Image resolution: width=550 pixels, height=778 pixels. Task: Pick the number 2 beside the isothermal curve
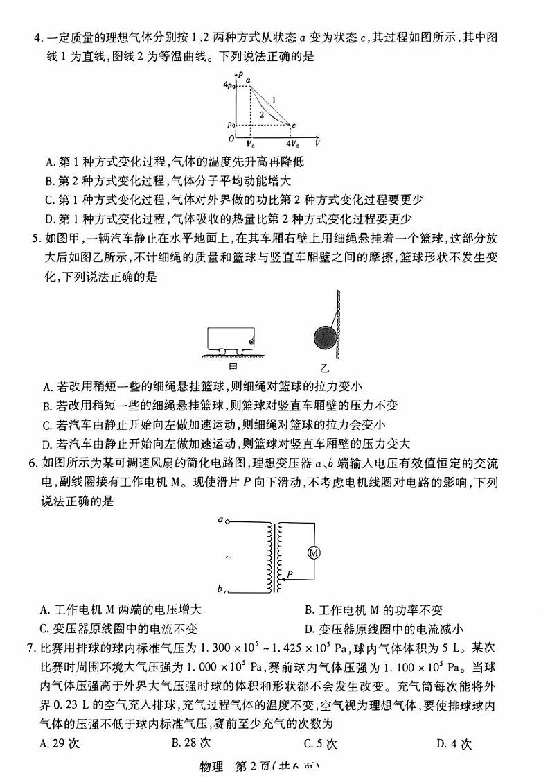tap(261, 113)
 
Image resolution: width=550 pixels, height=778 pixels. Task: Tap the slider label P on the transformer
tap(290, 573)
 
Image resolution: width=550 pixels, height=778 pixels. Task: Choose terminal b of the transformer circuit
tap(220, 589)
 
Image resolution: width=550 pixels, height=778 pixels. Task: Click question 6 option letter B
tap(309, 610)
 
